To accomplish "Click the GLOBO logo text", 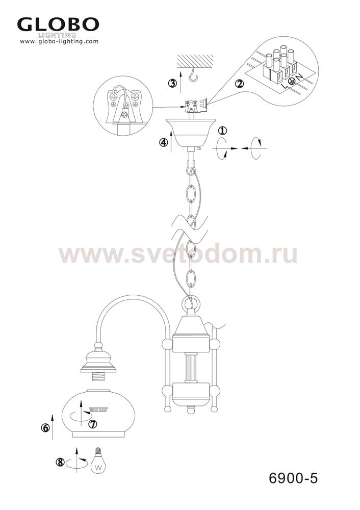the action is pos(58,24).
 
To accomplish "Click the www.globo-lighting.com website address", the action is pos(59,41).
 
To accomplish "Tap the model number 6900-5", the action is pos(293,478).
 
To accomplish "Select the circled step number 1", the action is pos(222,131).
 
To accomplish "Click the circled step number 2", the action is pos(239,84).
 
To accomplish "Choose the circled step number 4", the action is pos(164,142).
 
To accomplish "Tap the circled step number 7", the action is pos(93,424).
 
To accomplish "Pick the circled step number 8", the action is pos(60,462).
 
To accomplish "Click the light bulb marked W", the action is pos(98,460).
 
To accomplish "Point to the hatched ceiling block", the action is pos(195,61).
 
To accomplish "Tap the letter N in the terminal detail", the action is pos(299,77).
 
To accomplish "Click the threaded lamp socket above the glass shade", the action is pos(98,377).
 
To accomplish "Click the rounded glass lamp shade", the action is pos(94,414).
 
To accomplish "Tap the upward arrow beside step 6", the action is pos(53,427).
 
